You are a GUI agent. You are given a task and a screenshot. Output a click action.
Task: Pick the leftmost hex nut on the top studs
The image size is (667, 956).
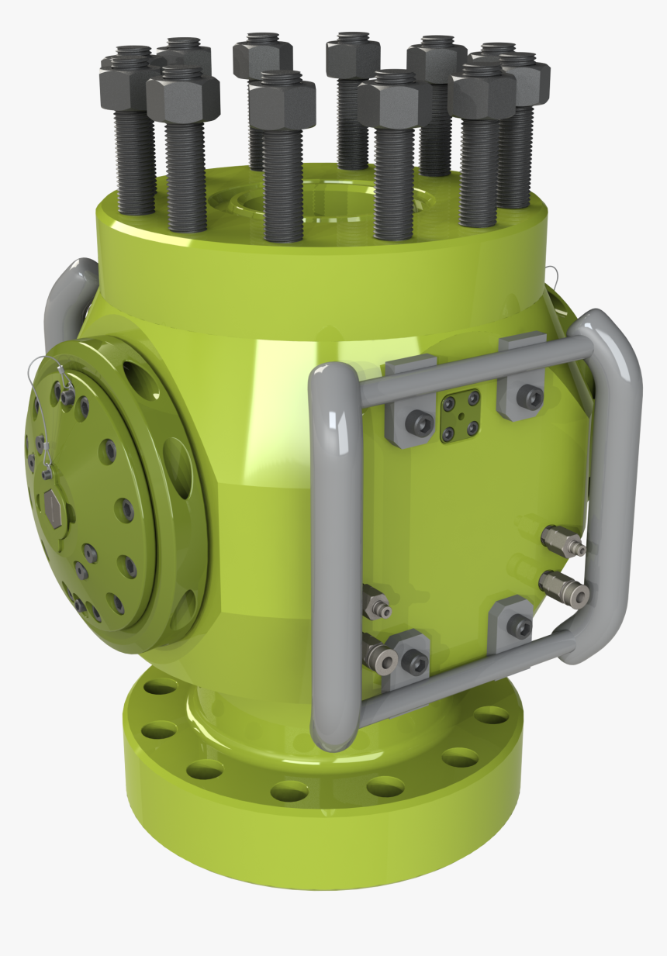coord(124,77)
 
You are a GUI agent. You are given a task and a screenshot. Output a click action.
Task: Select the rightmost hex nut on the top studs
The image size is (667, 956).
coord(524,77)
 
